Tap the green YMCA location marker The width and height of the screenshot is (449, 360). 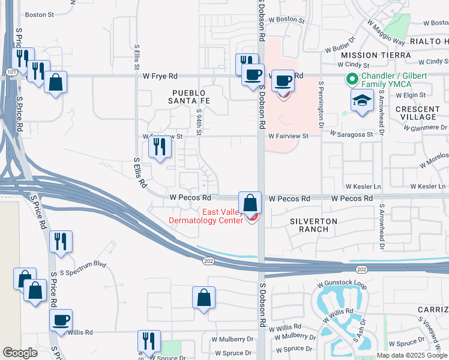point(351,79)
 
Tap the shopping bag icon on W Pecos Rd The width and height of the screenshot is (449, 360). point(250,203)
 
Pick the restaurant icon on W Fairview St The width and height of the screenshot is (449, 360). point(159,146)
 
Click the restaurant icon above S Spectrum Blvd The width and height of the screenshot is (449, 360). point(61,241)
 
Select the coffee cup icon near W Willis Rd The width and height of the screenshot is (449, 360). point(61,320)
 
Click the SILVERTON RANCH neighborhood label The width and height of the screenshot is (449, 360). point(314,226)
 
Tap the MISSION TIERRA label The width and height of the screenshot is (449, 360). point(367,55)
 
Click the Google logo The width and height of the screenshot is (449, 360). point(20,353)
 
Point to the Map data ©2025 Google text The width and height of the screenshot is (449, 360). point(412,355)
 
